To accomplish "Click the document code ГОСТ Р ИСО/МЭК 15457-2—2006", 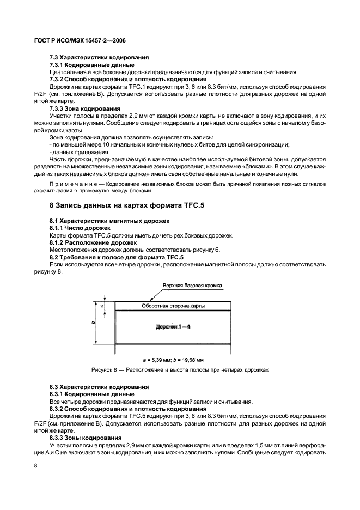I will [x=72, y=40].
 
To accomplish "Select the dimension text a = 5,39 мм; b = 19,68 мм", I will [x=173, y=360].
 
